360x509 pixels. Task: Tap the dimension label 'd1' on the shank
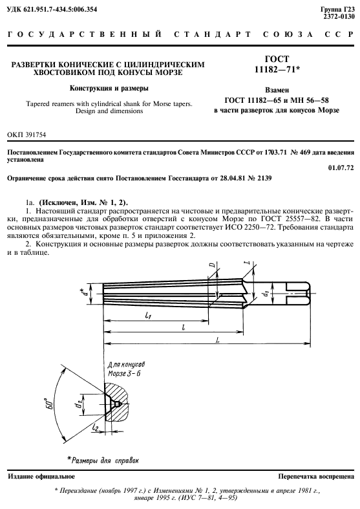[264, 295]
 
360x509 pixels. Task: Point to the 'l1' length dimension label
[148, 314]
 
